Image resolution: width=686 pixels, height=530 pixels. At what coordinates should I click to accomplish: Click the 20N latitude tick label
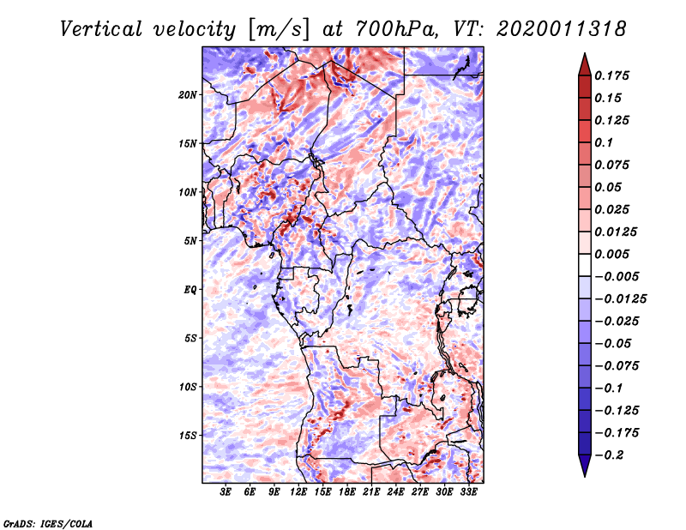(188, 95)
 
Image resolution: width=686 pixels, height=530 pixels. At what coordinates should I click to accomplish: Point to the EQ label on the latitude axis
(190, 290)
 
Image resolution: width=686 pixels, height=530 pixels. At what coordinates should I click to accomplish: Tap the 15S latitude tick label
(188, 436)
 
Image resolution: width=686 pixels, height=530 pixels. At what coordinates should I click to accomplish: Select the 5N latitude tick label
(190, 241)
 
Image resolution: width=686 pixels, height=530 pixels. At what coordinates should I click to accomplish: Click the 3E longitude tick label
(226, 492)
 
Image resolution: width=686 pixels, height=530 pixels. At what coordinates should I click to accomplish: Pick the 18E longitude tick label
(347, 492)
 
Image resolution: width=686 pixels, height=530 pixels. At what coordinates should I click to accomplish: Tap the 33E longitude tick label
(468, 492)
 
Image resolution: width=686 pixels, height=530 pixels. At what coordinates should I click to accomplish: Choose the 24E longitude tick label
(395, 492)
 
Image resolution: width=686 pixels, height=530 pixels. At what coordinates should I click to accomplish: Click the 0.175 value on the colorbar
(611, 75)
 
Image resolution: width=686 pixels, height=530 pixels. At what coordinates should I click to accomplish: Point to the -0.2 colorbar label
(609, 455)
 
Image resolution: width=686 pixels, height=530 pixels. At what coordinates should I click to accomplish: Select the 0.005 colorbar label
(611, 254)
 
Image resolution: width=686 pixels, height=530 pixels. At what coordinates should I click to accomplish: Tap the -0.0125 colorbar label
(620, 299)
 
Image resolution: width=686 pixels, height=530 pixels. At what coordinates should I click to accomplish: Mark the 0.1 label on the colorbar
(604, 142)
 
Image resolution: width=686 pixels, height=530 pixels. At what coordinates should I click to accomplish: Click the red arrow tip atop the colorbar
(585, 53)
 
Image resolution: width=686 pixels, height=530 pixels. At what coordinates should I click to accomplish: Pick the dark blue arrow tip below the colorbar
(585, 476)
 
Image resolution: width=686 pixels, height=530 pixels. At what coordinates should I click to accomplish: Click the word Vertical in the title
(101, 29)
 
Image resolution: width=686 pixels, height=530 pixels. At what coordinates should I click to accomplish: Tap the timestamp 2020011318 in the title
(562, 29)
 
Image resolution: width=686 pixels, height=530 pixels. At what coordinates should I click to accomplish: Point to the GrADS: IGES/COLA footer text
(48, 523)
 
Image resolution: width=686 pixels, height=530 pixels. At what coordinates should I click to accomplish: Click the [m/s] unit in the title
(280, 29)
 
